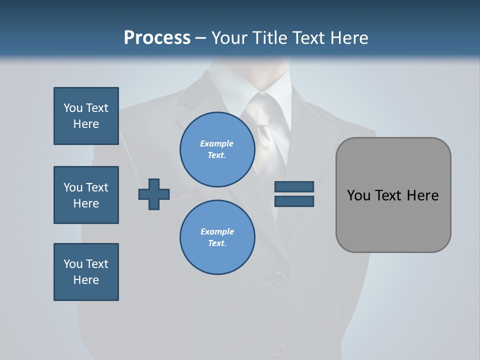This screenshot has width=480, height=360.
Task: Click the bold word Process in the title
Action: tap(157, 38)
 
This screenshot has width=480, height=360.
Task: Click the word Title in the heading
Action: tap(268, 38)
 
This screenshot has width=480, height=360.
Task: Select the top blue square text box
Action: tap(86, 116)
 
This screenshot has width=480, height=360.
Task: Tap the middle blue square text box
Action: tap(86, 195)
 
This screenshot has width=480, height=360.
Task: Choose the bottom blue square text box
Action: tap(86, 272)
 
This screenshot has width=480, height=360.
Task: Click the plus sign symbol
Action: tap(154, 194)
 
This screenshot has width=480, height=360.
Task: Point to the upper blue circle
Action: tap(217, 149)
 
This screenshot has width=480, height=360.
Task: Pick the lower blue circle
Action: tap(217, 237)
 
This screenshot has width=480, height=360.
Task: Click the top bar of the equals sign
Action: tap(294, 187)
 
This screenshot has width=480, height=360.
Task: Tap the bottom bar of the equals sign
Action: tap(294, 201)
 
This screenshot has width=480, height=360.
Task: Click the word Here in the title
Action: tap(348, 38)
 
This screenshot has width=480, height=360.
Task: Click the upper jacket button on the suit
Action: tap(278, 278)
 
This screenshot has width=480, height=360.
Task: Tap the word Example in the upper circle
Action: tap(217, 143)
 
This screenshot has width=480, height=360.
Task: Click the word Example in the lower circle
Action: tap(217, 231)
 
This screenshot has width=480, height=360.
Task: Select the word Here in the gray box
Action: tap(422, 195)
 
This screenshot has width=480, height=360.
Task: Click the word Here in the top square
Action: tap(86, 124)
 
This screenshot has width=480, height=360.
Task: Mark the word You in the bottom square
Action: tap(73, 264)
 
